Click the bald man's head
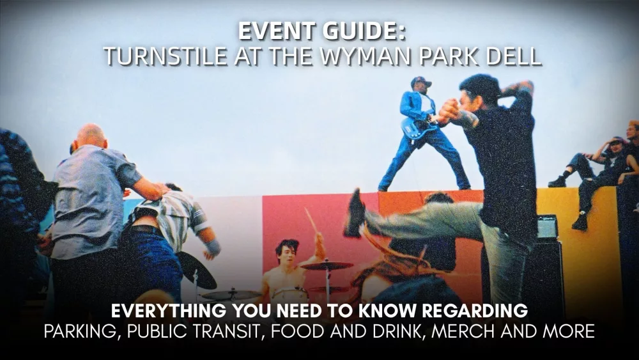(x=92, y=136)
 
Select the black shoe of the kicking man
(x=354, y=214)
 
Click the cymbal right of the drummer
(x=327, y=265)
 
